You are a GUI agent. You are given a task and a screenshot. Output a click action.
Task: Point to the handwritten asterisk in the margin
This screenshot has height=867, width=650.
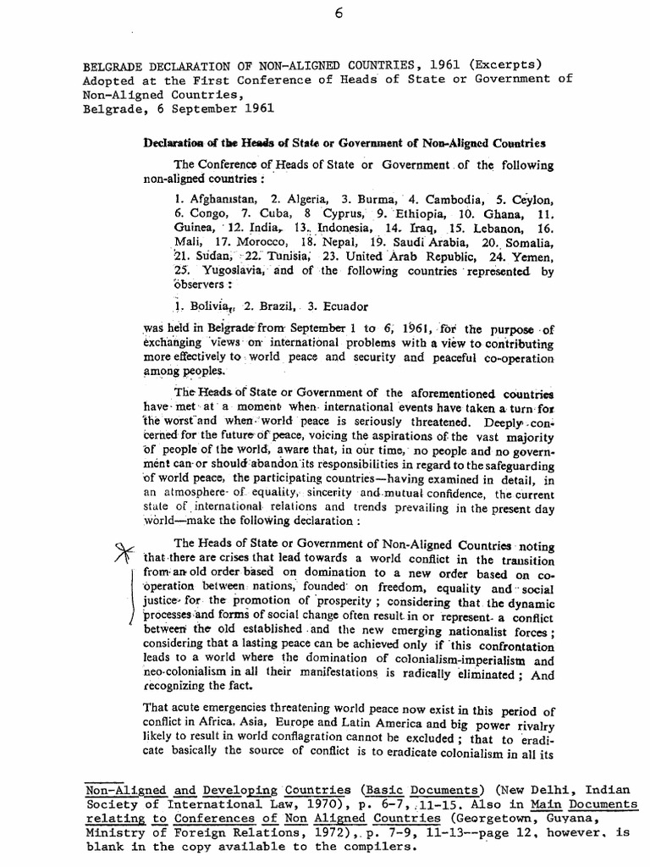[125, 552]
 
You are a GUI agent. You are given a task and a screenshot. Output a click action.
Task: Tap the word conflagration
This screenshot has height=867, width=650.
[314, 738]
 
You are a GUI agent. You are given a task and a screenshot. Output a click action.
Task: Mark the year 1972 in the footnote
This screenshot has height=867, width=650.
[285, 834]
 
